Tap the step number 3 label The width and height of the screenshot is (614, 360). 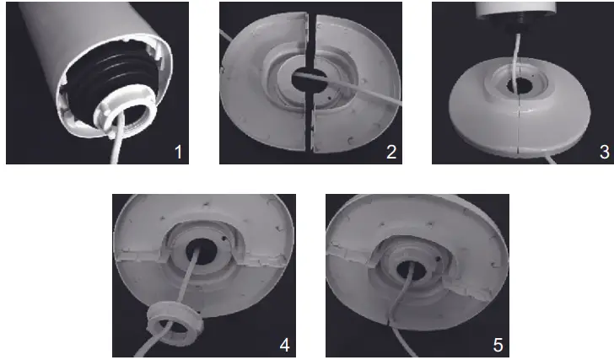(x=602, y=152)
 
